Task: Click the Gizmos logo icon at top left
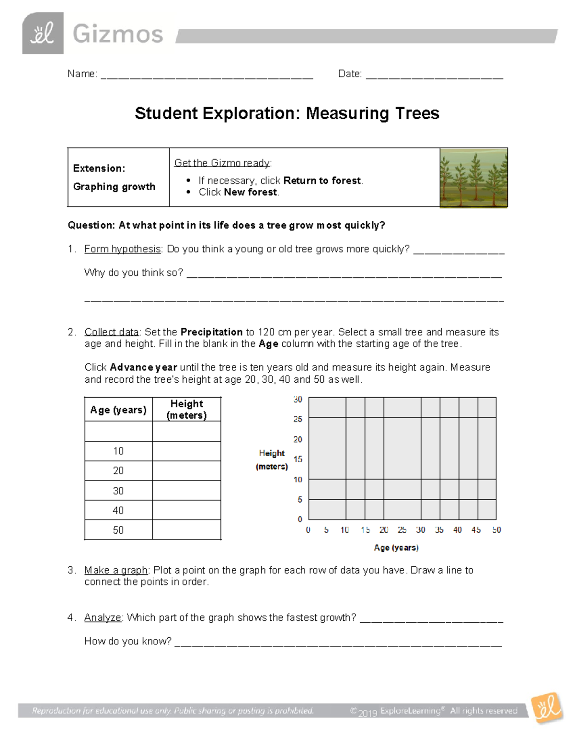tap(43, 33)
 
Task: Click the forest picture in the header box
tap(473, 178)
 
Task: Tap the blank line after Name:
tap(207, 75)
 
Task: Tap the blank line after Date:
tap(434, 75)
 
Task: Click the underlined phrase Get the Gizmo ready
tap(222, 163)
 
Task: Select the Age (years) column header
tap(118, 410)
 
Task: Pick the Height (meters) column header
tap(186, 410)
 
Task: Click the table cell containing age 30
tap(118, 491)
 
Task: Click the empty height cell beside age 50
tap(186, 530)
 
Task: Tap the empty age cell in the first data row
tap(118, 431)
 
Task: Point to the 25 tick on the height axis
tap(298, 419)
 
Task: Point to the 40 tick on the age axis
tap(458, 530)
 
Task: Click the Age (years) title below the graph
tap(396, 548)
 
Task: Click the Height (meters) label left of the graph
tap(272, 459)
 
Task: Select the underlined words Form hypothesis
tap(123, 249)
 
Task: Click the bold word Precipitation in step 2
tap(211, 332)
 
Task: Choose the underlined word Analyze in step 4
tap(103, 618)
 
